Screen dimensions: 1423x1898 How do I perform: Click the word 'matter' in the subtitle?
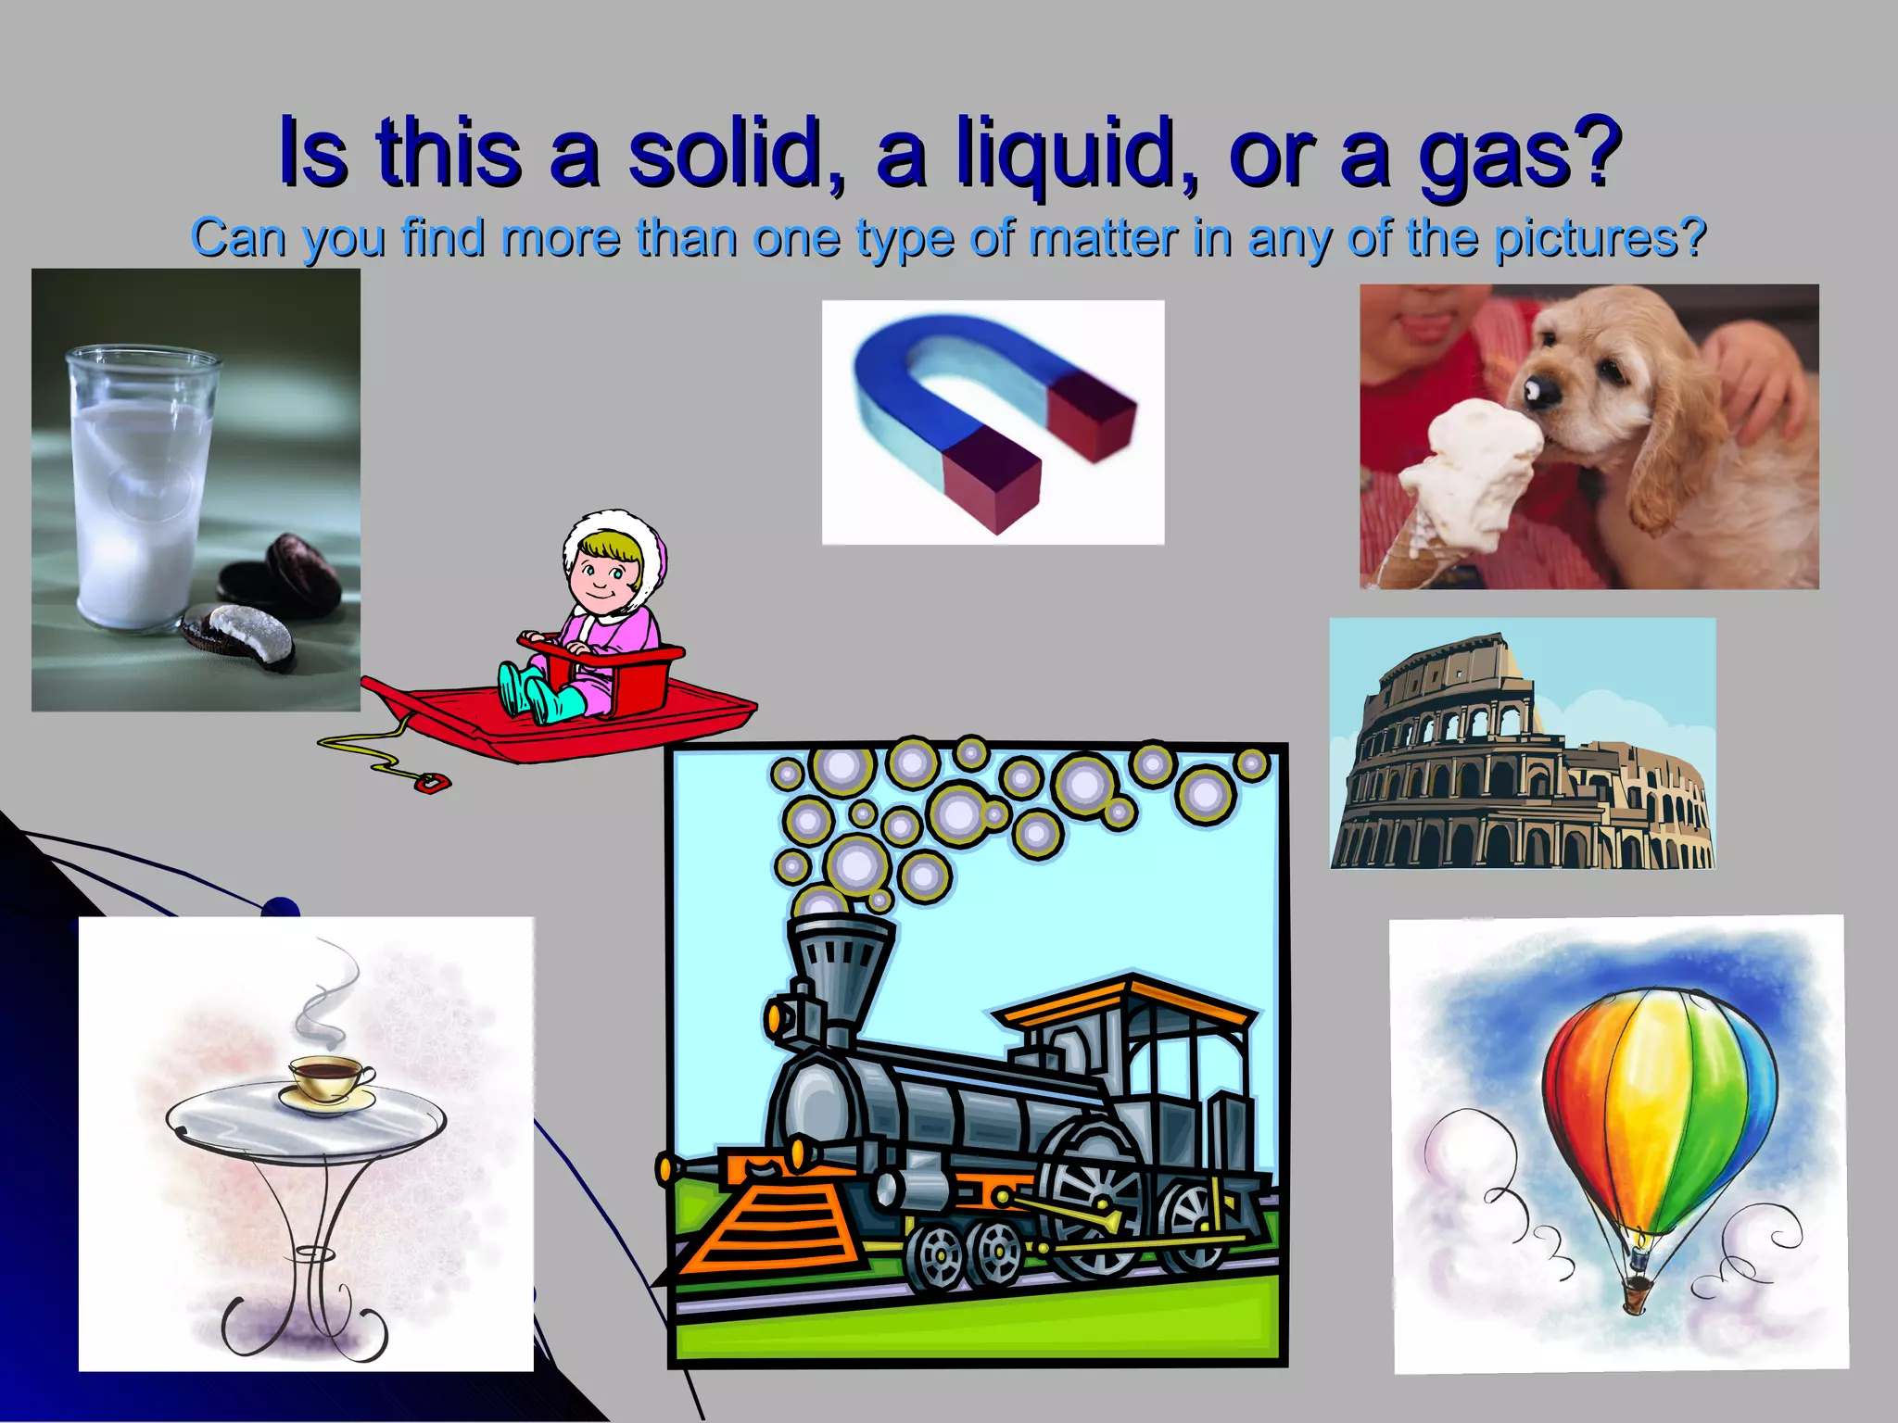coord(1103,238)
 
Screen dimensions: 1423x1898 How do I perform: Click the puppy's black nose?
coord(1541,394)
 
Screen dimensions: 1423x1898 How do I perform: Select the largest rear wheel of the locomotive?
coord(1094,1195)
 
